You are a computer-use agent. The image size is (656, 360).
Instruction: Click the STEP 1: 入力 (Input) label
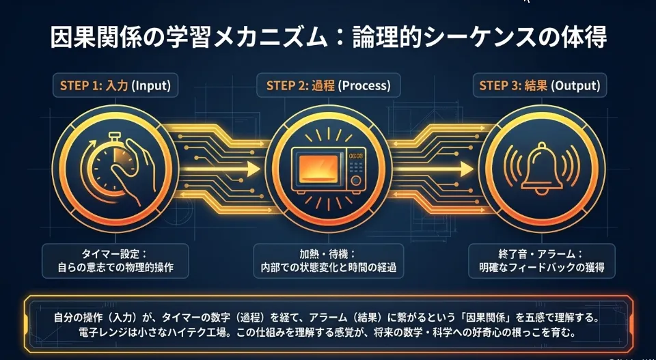[115, 86]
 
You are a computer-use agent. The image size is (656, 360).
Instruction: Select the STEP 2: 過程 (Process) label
[328, 86]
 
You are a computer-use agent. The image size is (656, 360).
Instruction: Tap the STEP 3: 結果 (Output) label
[540, 86]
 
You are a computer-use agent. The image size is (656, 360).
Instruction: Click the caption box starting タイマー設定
[115, 260]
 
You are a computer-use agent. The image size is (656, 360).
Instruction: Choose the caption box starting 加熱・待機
[328, 260]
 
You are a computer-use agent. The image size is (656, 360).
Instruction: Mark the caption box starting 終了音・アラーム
[542, 260]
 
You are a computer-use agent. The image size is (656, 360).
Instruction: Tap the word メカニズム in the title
[269, 37]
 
